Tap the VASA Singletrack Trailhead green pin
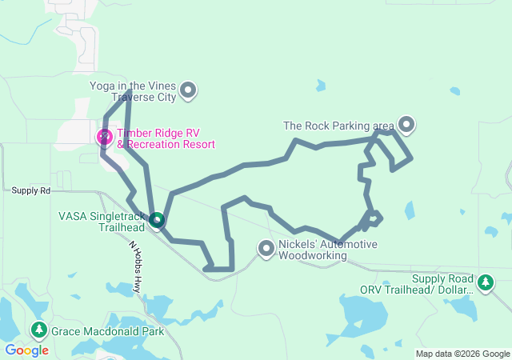(157, 219)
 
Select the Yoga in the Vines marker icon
(188, 90)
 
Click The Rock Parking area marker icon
(406, 125)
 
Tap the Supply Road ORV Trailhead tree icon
(485, 282)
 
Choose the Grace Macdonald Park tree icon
(38, 330)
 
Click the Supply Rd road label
(30, 190)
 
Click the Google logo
(26, 350)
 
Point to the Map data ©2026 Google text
(462, 354)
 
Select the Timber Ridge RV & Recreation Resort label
(166, 138)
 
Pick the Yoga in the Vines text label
(133, 91)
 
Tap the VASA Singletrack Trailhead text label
(102, 221)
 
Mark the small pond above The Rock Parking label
(321, 85)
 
